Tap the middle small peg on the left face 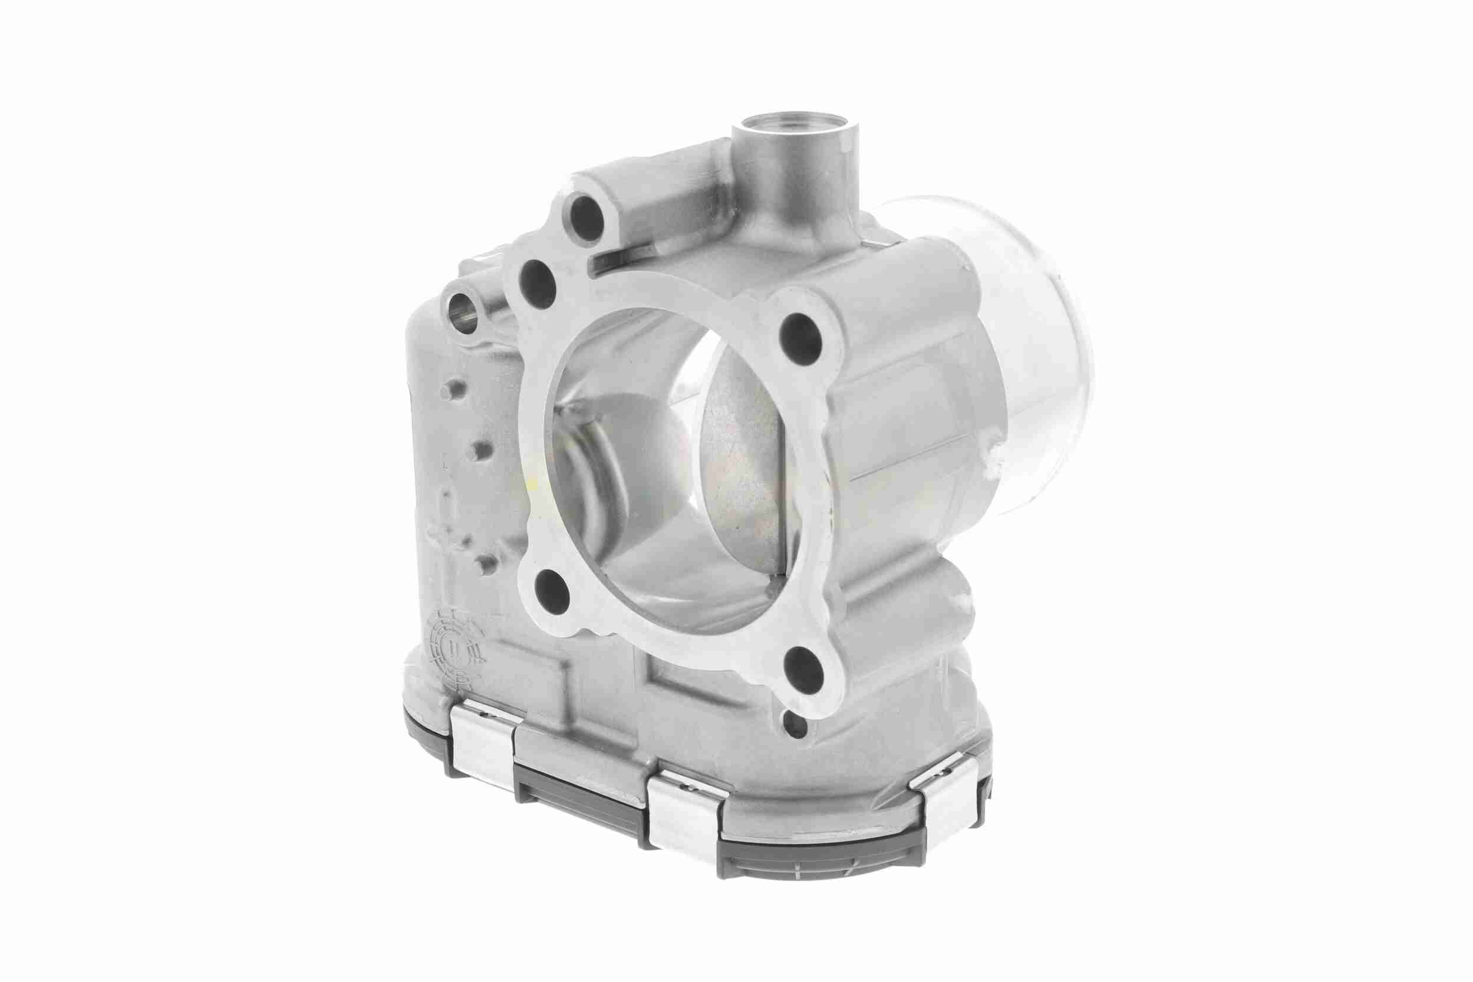[x=481, y=450]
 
